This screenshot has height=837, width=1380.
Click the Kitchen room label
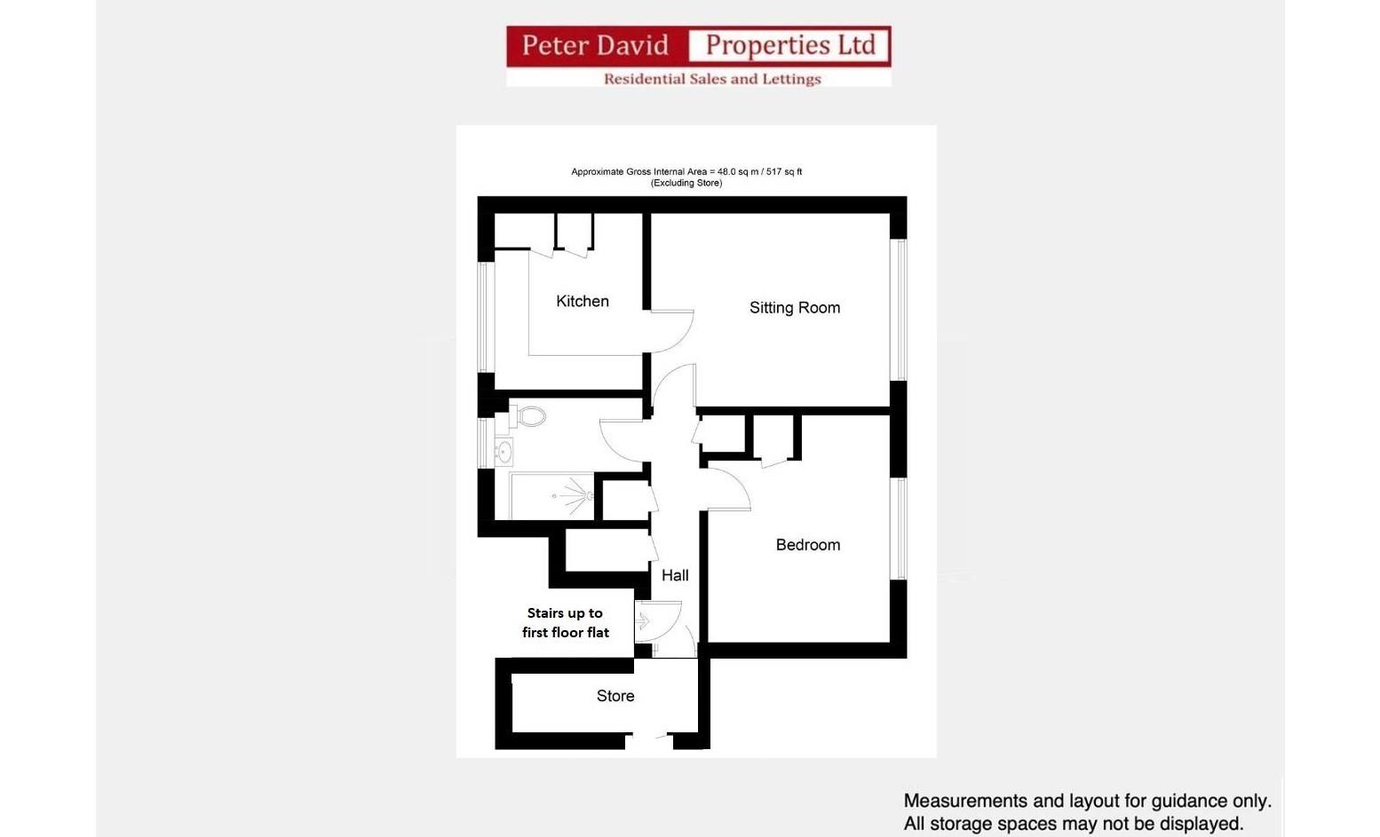coord(583,301)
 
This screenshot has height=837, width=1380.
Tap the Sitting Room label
coord(794,308)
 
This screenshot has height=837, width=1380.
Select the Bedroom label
coord(807,545)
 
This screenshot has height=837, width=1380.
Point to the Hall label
coord(675,575)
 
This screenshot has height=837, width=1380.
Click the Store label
coord(615,696)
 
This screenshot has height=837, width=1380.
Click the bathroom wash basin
coord(504,452)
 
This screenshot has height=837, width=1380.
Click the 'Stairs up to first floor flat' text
coord(565,622)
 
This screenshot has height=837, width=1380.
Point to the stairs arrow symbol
coord(643,622)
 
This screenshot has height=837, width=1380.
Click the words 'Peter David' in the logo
coord(595,45)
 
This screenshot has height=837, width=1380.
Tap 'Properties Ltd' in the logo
coord(789,45)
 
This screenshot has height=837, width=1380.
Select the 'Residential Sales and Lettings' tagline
coord(712,79)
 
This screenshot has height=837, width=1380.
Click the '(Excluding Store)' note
coord(686,183)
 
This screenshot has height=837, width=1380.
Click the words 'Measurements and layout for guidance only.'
coord(1087,801)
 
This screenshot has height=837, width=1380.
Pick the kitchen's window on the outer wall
coord(484,316)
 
